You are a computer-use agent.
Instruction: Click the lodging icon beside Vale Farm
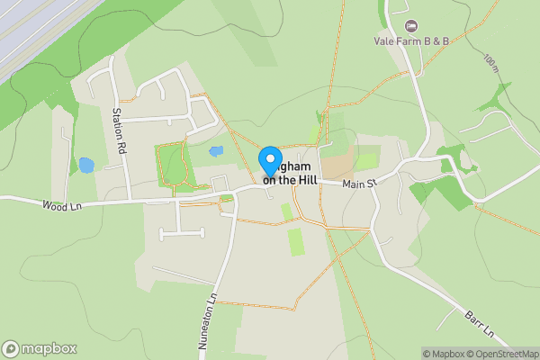[x=412, y=25]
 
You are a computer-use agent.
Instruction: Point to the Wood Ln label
[x=60, y=206]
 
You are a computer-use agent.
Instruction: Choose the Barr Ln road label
[x=481, y=325]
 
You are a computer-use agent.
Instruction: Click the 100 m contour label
[x=490, y=65]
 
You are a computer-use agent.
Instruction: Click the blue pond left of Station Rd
[x=85, y=166]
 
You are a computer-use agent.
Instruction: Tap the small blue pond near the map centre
[x=215, y=152]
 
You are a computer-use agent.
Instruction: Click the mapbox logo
[x=40, y=348]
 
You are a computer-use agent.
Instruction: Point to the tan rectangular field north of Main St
[x=338, y=165]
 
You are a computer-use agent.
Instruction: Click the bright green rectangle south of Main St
[x=295, y=241]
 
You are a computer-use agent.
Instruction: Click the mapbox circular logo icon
[x=11, y=348]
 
